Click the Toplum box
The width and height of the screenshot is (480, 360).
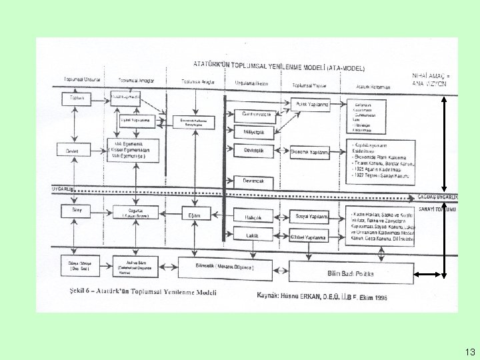75,98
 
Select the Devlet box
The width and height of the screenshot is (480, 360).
72,151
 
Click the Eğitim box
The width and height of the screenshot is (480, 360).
195,215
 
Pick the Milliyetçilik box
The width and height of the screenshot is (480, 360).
249,132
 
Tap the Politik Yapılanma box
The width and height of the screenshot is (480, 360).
311,104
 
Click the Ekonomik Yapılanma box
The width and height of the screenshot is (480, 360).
310,152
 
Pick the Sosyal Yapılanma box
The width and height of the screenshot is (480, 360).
311,217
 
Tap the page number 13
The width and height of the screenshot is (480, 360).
470,351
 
